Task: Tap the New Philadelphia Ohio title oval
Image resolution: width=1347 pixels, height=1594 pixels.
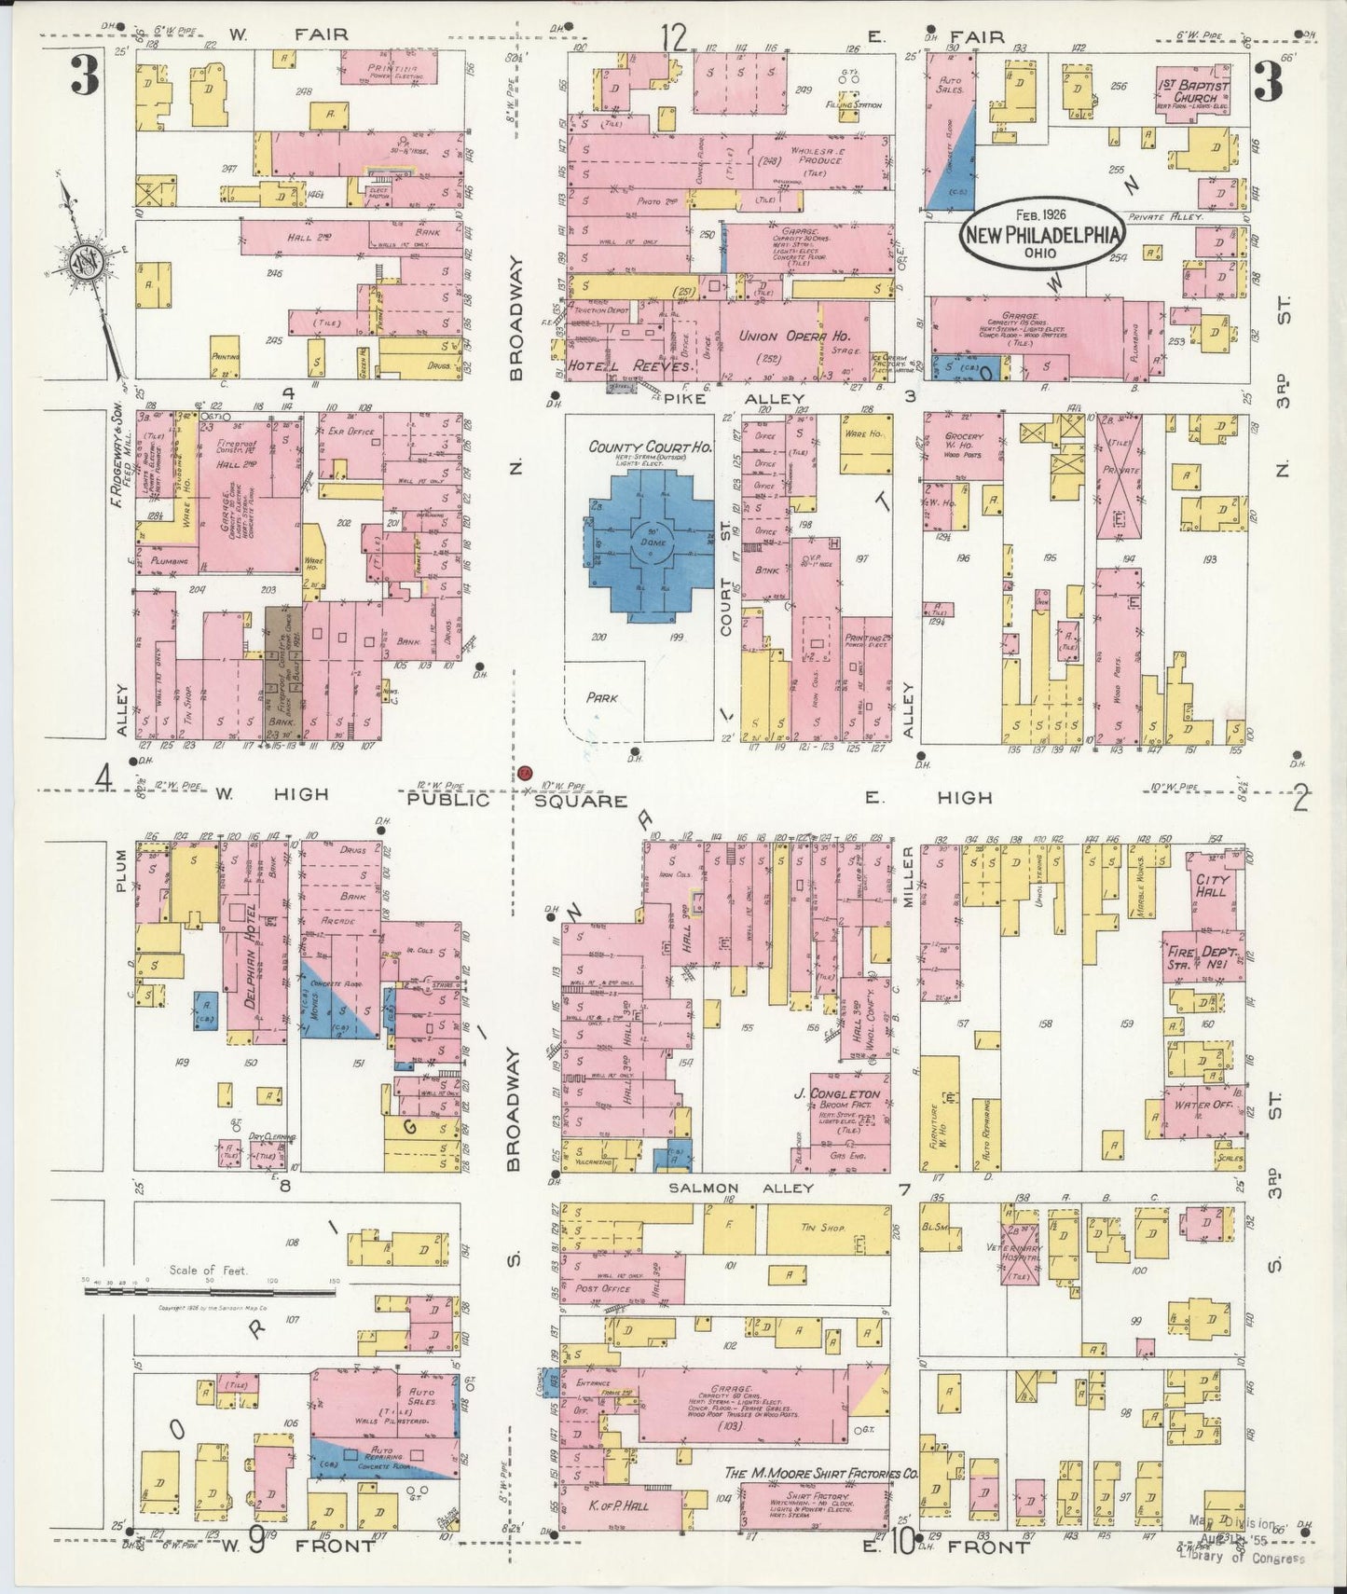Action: click(1040, 232)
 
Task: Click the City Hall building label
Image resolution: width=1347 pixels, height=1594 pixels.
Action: click(1212, 885)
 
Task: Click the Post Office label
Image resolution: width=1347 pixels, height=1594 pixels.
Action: click(603, 1288)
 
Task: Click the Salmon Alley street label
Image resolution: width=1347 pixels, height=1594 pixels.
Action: click(740, 1188)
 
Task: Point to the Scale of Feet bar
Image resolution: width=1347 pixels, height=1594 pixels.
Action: click(209, 1291)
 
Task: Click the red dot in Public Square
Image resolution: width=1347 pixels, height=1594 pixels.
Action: click(525, 773)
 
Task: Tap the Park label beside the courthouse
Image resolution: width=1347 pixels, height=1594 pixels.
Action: click(602, 696)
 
